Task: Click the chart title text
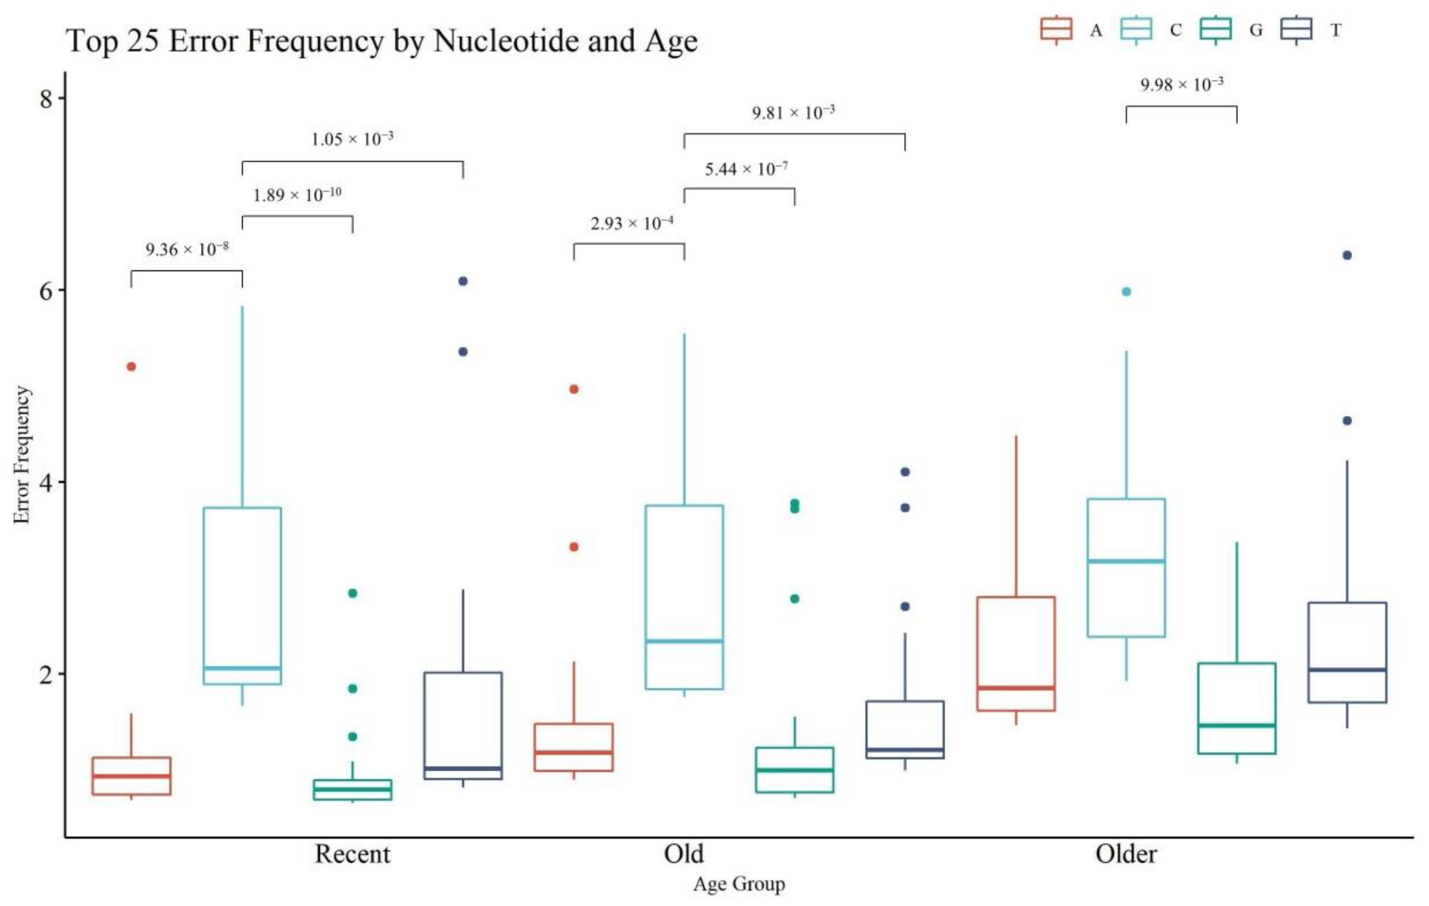(x=382, y=41)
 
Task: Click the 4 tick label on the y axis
(x=46, y=482)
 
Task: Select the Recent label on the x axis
(x=352, y=854)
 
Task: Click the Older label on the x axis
(x=1126, y=854)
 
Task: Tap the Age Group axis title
(x=739, y=884)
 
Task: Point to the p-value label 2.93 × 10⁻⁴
(x=631, y=223)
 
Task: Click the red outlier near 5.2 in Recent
(x=131, y=366)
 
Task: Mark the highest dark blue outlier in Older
(x=1347, y=255)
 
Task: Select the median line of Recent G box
(x=352, y=789)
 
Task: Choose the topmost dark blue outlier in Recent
(x=463, y=281)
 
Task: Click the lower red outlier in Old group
(x=574, y=547)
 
